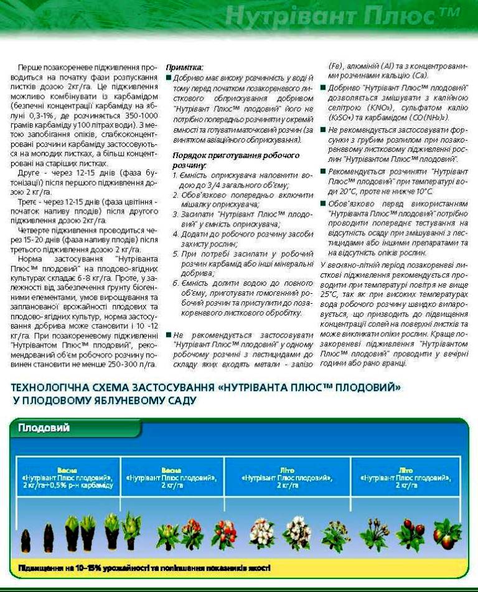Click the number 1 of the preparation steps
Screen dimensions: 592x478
(x=175, y=176)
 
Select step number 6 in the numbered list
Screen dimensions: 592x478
(x=176, y=283)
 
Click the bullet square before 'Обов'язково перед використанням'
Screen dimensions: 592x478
(x=323, y=205)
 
